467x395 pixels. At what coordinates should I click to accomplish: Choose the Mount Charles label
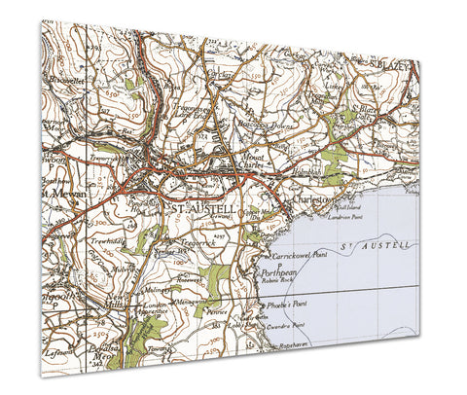[239, 162]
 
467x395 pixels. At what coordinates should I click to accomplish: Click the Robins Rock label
[276, 288]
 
